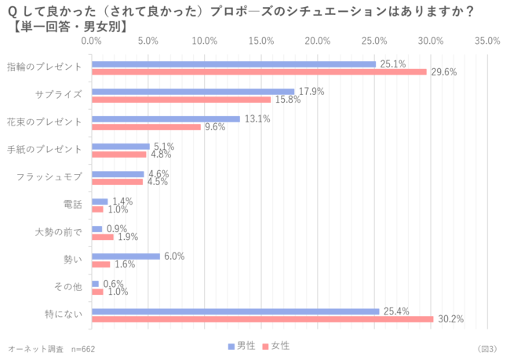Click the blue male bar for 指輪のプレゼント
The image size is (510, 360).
click(234, 64)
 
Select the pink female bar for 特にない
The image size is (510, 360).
click(262, 319)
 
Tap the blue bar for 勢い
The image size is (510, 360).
click(126, 256)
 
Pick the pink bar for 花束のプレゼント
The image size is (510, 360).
click(146, 127)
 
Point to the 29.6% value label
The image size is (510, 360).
click(443, 72)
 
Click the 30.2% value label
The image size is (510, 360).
click(450, 319)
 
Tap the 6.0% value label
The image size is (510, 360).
click(174, 256)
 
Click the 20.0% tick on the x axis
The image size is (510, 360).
click(318, 41)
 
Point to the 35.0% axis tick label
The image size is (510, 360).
click(487, 41)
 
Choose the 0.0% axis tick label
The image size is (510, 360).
click(92, 41)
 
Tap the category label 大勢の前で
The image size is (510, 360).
click(58, 233)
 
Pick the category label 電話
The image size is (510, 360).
click(72, 205)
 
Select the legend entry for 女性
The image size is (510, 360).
click(276, 346)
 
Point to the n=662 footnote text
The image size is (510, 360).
click(82, 348)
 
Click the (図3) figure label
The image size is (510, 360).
click(486, 348)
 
